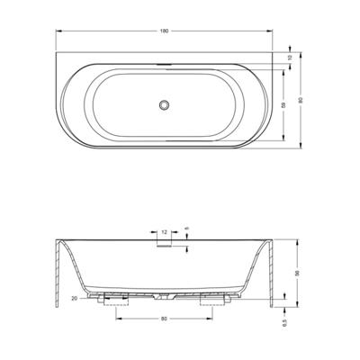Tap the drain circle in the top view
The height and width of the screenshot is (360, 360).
164,105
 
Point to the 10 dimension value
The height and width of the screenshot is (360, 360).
288,58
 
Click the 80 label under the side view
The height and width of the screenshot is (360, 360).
164,318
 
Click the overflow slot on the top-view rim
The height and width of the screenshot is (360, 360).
164,67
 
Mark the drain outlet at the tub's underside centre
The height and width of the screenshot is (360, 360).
164,295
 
